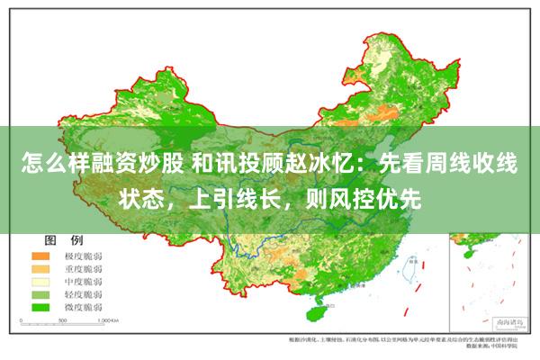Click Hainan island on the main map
[317, 312]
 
